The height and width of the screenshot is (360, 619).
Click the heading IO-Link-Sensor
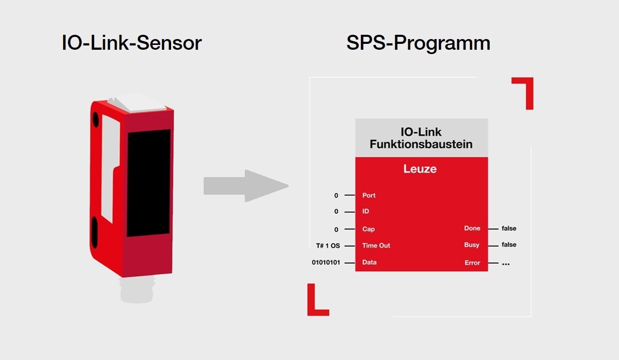coord(131,43)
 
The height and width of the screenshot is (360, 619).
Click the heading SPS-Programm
coord(418,43)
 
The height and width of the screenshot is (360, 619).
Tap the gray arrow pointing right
coord(246,186)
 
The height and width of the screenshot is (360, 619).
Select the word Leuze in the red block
coord(420,168)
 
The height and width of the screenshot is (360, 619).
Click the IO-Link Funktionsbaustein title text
coord(421,138)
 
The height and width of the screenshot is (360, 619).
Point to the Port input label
coord(369,195)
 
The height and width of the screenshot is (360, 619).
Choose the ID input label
coord(366,211)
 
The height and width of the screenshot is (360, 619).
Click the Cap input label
coord(368,229)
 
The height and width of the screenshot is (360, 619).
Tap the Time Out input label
coord(376,246)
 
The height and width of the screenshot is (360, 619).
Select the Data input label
coord(369,262)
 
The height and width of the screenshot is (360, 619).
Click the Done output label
coord(472,228)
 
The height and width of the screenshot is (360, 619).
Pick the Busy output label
coord(472,244)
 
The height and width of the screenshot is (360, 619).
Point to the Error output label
coord(472,263)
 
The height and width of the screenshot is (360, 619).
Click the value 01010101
coord(326,263)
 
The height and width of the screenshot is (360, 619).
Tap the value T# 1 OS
coord(328,246)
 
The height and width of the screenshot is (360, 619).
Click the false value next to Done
coord(509,228)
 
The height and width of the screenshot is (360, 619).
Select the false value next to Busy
coord(509,244)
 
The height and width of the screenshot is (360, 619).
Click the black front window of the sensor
coord(149,183)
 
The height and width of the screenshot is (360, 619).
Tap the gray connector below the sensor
coord(137,289)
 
